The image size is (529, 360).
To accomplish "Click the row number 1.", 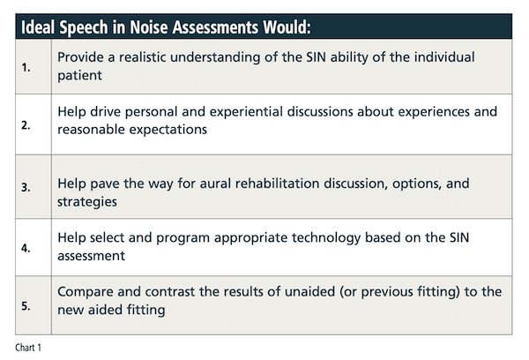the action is coord(26,68).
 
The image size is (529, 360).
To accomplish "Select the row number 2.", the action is coord(26,125).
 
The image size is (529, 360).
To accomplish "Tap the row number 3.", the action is coord(26,187).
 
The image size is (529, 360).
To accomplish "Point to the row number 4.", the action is coord(26,248).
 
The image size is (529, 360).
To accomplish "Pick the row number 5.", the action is coord(26,306).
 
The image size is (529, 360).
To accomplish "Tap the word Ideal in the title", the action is coord(38,27).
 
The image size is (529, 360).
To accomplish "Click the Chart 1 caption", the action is coord(28,348).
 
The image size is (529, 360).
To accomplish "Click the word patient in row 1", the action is coord(79,75).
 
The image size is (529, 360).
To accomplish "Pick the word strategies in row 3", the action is coord(87,202).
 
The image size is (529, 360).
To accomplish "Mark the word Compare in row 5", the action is coord(86,292).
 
